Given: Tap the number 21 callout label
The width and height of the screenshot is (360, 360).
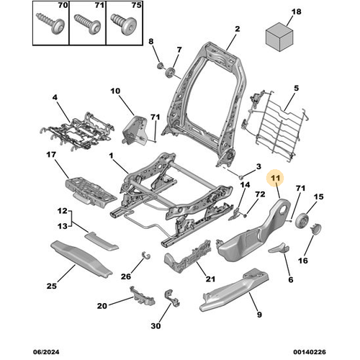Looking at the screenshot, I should click(210, 279).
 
